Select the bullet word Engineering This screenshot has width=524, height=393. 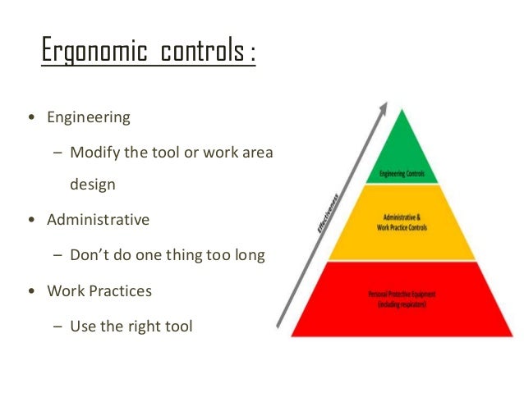tap(89, 117)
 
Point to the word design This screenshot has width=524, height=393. tap(93, 185)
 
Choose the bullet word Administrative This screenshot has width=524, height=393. tap(99, 220)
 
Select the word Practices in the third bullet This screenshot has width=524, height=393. tap(122, 290)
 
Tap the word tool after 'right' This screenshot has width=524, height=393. tap(177, 326)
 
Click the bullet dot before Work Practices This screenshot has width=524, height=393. tap(31, 291)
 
